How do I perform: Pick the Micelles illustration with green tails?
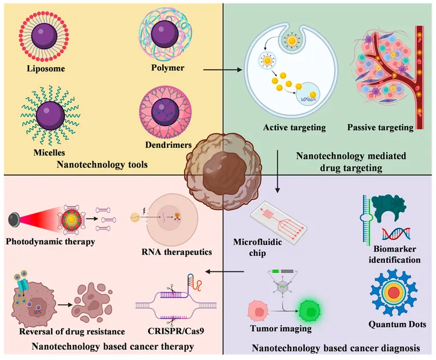click(x=48, y=113)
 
